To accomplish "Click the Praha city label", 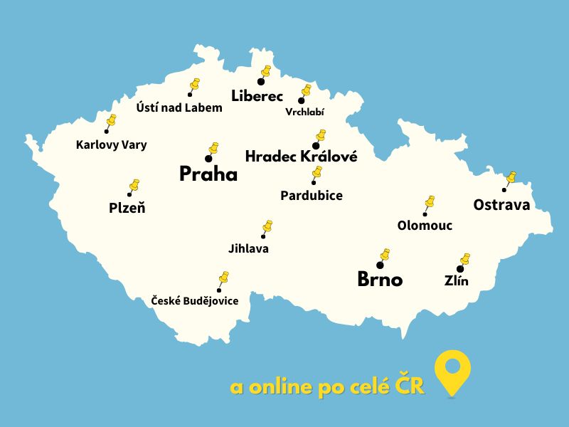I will (x=208, y=174).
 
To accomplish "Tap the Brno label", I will (x=379, y=280).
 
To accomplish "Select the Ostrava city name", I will (x=501, y=205).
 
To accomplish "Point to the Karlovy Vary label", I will (x=111, y=145).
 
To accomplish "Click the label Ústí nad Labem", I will (x=179, y=108).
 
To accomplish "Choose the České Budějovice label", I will (x=195, y=301).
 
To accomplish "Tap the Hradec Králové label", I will (x=301, y=157).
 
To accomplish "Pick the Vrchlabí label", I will (x=304, y=112).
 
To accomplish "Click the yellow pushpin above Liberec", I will (x=266, y=71).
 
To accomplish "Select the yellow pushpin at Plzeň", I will (x=134, y=185).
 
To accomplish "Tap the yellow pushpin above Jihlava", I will (x=267, y=226).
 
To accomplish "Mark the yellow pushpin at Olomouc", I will (x=429, y=202).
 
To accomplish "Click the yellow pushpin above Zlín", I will (x=464, y=258).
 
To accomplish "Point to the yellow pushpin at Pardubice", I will (x=317, y=172).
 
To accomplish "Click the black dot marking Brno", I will (x=380, y=265).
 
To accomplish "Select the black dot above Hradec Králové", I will (x=316, y=146).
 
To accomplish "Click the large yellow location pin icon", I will (x=453, y=371).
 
